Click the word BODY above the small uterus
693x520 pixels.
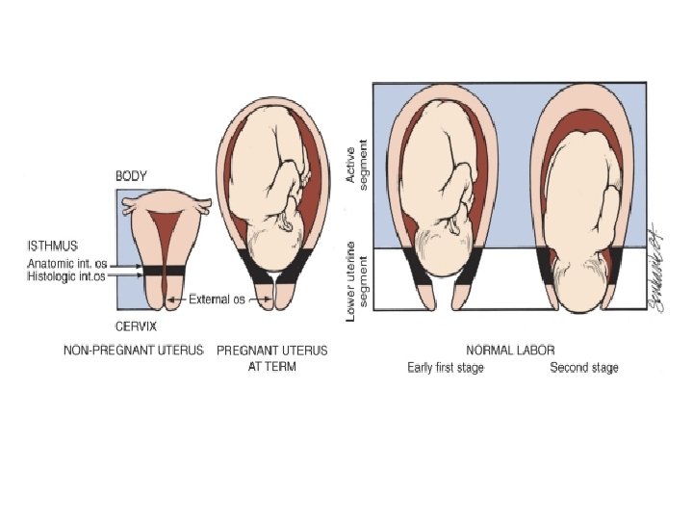click(x=131, y=177)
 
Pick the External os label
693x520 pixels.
click(x=219, y=299)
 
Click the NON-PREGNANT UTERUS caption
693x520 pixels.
click(x=132, y=351)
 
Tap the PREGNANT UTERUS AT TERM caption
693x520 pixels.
click(x=271, y=358)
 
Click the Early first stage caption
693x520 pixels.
click(x=446, y=368)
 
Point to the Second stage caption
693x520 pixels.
click(x=583, y=368)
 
